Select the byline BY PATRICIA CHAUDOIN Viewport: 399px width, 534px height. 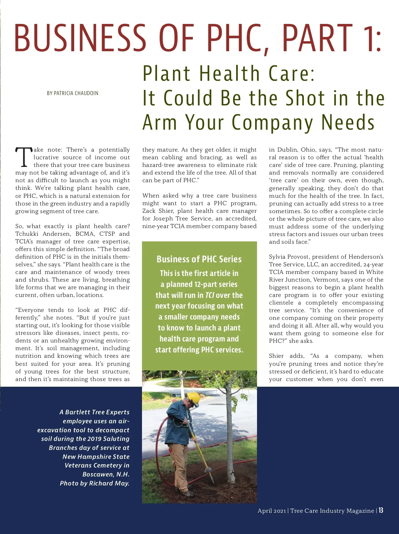pyautogui.click(x=72, y=93)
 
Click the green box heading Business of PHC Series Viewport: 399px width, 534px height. pyautogui.click(x=199, y=259)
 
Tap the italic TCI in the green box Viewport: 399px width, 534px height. pyautogui.click(x=210, y=295)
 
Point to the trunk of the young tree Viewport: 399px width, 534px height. pyautogui.click(x=229, y=442)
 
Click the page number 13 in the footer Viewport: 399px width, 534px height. pyautogui.click(x=381, y=510)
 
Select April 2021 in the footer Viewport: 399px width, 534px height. pyautogui.click(x=272, y=511)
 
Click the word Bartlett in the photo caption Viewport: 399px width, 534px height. pyautogui.click(x=77, y=412)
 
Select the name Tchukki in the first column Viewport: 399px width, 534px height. pyautogui.click(x=27, y=234)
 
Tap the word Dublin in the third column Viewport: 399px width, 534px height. pyautogui.click(x=287, y=150)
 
